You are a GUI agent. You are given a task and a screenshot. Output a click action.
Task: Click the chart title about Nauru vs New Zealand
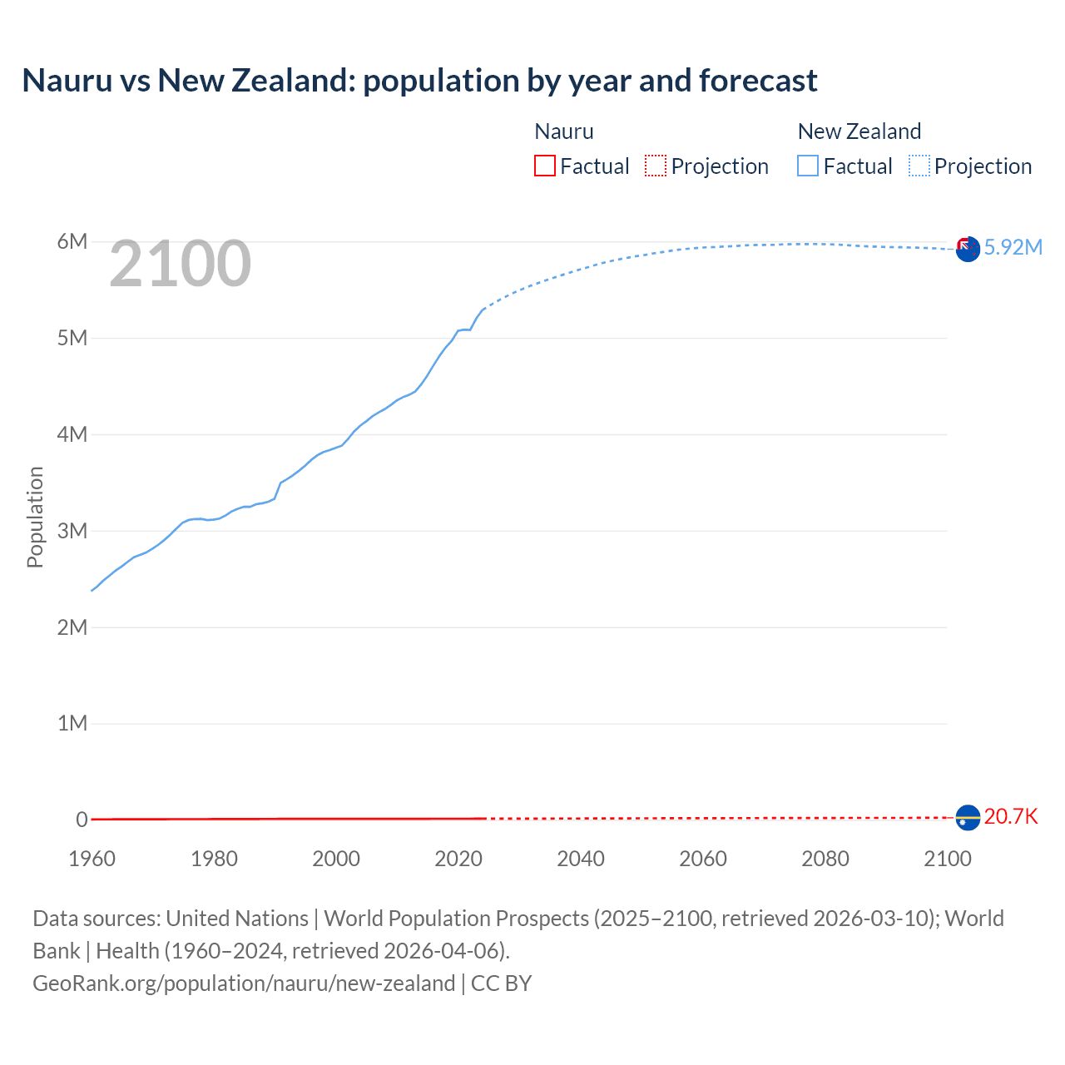[419, 81]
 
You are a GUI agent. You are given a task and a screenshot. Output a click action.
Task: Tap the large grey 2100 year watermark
[180, 264]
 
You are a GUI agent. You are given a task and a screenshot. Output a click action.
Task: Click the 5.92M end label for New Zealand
[1013, 247]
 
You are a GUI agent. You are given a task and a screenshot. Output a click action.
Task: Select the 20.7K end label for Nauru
[1011, 816]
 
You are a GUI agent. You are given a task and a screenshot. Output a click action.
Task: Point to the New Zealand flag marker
[968, 249]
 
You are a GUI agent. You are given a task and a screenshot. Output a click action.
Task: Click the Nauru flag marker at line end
[968, 818]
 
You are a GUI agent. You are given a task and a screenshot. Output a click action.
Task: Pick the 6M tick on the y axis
[72, 241]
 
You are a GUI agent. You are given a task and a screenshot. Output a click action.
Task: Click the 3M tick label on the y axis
[72, 531]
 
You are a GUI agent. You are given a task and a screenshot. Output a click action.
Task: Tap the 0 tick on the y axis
[82, 820]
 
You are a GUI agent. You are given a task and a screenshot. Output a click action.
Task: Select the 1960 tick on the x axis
[92, 859]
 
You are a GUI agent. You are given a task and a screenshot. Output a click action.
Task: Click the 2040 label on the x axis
[581, 859]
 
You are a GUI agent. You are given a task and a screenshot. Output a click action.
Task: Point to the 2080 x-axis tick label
[825, 859]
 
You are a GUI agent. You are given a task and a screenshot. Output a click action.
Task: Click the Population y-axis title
[35, 517]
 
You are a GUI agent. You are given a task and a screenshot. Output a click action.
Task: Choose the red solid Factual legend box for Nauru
[545, 166]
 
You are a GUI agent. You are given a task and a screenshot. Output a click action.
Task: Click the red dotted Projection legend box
[656, 166]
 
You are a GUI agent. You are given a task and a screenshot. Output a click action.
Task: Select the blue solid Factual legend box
[808, 166]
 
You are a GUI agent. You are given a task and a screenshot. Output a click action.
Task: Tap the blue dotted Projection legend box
[919, 166]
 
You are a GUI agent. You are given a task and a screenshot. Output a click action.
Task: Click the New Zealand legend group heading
[859, 131]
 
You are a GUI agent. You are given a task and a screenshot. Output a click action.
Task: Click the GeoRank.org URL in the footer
[244, 983]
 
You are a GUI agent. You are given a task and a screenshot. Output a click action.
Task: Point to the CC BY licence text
[502, 983]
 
